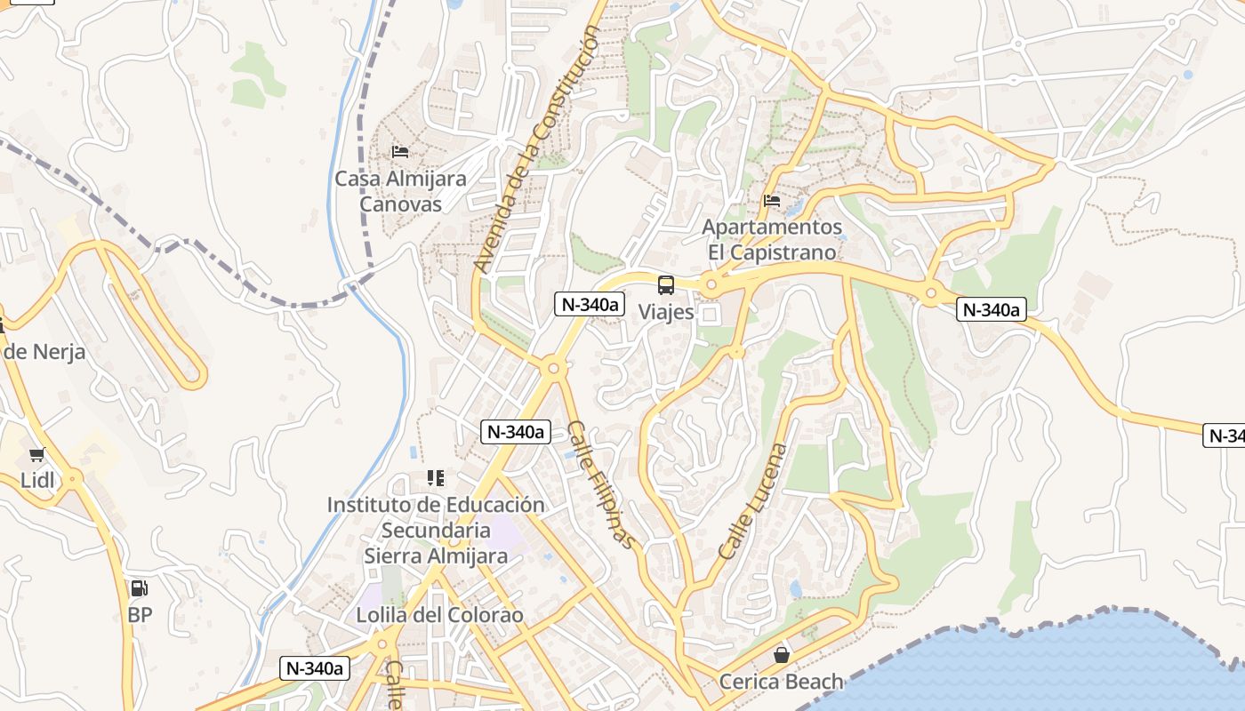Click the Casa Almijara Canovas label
coord(400,191)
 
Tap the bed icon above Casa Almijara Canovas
coord(400,152)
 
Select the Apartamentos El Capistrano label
coord(772,240)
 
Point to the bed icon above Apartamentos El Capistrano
coord(772,202)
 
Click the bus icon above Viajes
coord(666,285)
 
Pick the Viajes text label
coord(666,313)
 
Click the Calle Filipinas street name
coord(602,484)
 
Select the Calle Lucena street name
coord(753,501)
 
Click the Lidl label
coord(37,481)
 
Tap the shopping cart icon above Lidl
coord(37,455)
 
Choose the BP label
coord(140,614)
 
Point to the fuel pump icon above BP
coord(140,588)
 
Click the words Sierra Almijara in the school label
coord(436,556)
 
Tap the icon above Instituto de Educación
coord(436,479)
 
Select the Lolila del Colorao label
coord(439,615)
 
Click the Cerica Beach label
coord(781,682)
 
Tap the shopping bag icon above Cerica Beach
coord(781,656)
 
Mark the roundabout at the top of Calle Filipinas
coord(553,367)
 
